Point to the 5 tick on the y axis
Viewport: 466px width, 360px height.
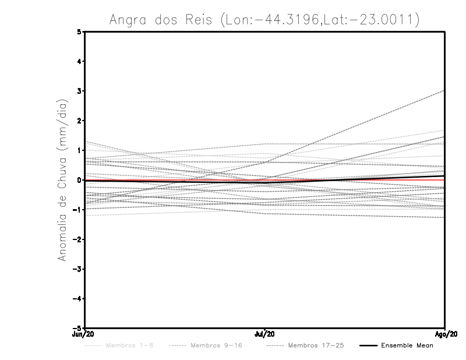point(80,31)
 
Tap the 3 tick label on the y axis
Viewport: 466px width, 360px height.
point(80,91)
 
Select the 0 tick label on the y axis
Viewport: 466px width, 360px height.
point(80,180)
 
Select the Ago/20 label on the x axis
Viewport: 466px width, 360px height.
point(445,334)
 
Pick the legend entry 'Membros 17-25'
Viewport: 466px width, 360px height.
point(309,345)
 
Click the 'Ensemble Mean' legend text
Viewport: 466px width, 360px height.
point(407,345)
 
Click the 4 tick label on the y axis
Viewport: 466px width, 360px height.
point(80,61)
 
